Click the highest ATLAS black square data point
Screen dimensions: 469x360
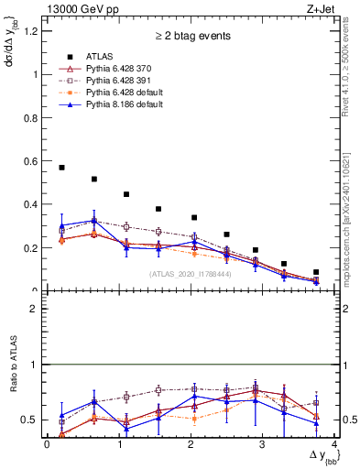tap(61, 168)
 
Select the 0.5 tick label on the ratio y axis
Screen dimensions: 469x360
tap(29, 420)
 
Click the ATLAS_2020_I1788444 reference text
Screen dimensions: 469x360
tap(189, 273)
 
